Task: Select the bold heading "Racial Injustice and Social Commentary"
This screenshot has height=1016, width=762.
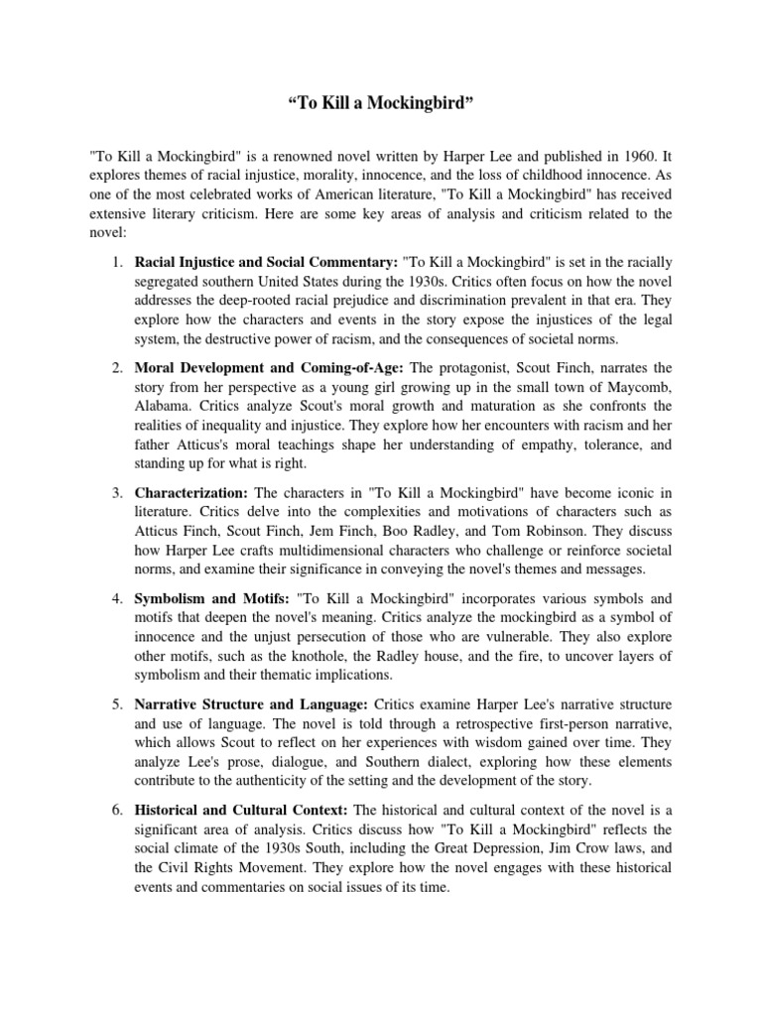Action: coord(265,262)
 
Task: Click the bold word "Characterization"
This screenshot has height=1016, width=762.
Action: coord(191,493)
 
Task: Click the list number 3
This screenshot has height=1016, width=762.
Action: coord(116,493)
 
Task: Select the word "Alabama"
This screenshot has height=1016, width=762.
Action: coord(163,406)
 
